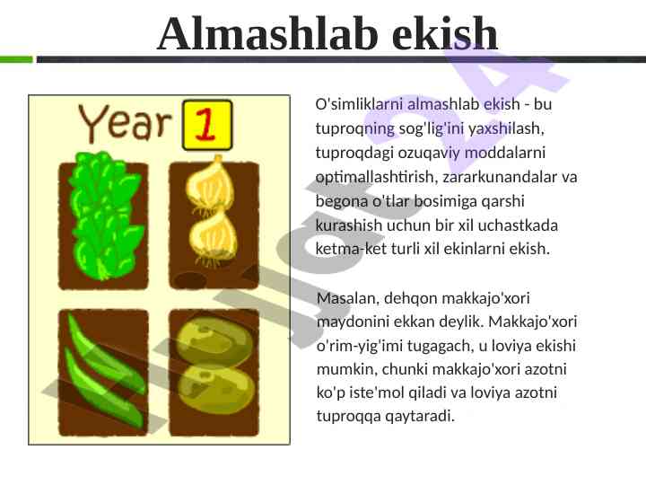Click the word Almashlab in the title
coord(267,33)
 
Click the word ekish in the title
coord(445,33)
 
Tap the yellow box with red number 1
coord(207,125)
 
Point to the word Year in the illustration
coord(125,123)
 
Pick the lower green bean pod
coord(103,390)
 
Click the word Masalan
coord(348,298)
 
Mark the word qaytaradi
coord(420,416)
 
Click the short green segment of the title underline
coord(16,59)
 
